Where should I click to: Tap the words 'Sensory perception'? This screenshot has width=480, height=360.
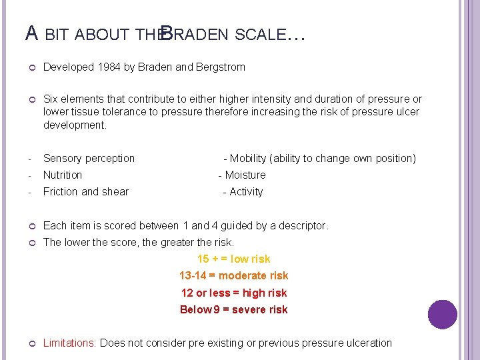89,159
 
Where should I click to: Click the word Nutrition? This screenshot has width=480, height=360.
63,175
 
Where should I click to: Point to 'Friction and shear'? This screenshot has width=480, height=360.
86,192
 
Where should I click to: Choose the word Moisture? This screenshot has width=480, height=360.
245,175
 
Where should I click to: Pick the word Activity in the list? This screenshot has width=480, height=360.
246,192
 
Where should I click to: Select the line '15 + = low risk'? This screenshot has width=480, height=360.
234,259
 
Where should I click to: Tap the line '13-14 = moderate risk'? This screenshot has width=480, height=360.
234,276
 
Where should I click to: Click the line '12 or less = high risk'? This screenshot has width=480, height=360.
234,293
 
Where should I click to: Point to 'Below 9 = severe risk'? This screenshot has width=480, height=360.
234,310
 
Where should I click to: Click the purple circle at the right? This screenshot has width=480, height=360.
442,315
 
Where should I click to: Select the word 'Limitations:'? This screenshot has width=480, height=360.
70,343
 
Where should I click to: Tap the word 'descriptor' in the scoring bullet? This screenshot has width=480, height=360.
303,226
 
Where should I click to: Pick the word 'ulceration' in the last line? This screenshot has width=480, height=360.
368,343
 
